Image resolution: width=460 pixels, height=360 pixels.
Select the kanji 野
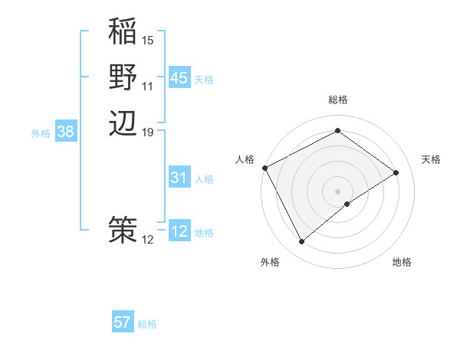(x=123, y=77)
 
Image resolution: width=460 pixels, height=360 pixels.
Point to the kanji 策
(x=123, y=229)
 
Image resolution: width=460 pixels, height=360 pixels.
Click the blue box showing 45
(x=179, y=78)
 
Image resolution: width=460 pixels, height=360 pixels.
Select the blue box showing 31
(x=179, y=178)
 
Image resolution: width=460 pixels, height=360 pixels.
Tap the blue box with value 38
(x=66, y=132)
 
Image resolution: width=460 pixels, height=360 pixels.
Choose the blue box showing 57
(x=123, y=322)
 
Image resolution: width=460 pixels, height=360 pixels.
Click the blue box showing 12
(x=179, y=231)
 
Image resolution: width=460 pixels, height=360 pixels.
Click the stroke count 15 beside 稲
(x=148, y=40)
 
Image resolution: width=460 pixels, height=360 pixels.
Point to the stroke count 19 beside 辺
(x=148, y=133)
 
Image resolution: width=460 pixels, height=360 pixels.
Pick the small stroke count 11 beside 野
(x=148, y=86)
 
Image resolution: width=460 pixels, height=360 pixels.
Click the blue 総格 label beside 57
(x=147, y=324)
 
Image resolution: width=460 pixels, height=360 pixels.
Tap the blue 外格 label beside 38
(x=41, y=133)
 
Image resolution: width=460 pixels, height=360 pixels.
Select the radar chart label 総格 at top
(x=337, y=100)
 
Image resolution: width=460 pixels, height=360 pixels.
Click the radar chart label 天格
(x=431, y=159)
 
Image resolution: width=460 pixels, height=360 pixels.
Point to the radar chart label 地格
(x=402, y=262)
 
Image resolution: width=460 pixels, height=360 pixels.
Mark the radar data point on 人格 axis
(x=264, y=168)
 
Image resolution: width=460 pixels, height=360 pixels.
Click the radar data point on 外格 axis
(x=301, y=242)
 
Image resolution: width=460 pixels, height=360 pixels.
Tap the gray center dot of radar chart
(x=337, y=191)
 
